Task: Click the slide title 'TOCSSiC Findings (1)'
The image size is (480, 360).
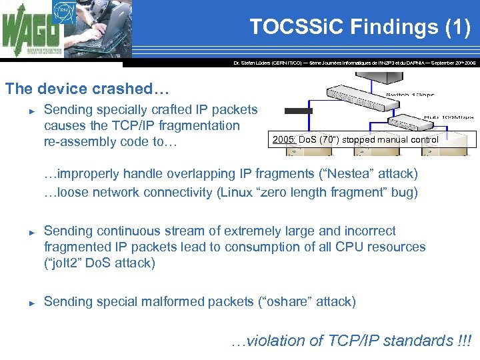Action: click(x=359, y=27)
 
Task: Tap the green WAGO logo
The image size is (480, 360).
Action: click(x=30, y=33)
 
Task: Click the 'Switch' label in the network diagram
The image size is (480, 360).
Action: click(x=401, y=96)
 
